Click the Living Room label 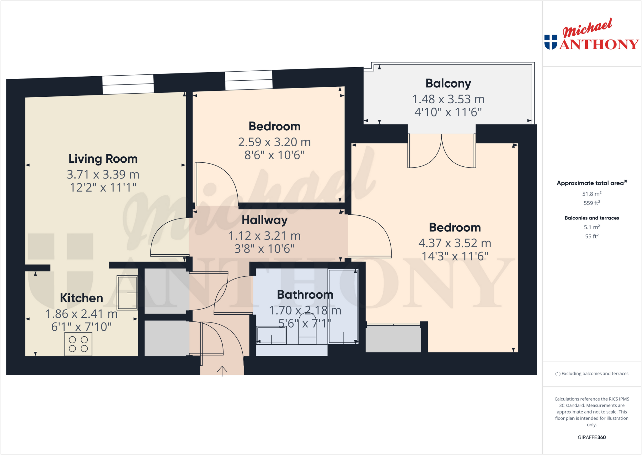(x=103, y=159)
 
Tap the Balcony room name (x=448, y=84)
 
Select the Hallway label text (x=264, y=220)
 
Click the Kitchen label (x=82, y=298)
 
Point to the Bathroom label (x=305, y=295)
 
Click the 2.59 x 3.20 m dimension (x=274, y=142)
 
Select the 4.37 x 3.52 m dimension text (x=455, y=243)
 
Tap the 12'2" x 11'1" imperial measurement (x=103, y=188)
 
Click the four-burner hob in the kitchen (x=78, y=344)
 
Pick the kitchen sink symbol (x=127, y=293)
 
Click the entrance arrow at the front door (x=222, y=371)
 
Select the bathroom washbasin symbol (x=271, y=335)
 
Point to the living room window (x=128, y=84)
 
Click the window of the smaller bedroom (x=249, y=80)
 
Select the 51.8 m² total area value (x=592, y=194)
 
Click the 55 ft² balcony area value (x=592, y=236)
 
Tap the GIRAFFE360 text (x=592, y=437)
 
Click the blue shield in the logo (x=550, y=42)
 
